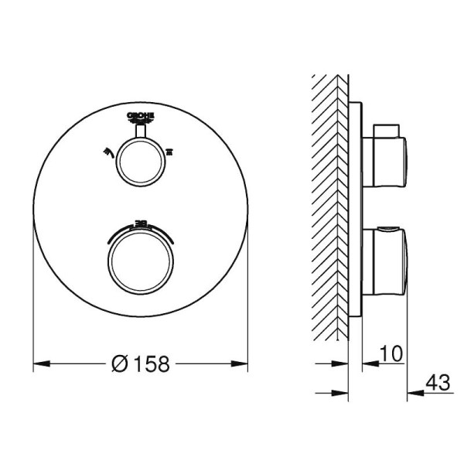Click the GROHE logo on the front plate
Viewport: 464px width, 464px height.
(140, 117)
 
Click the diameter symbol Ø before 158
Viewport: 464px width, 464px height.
(119, 363)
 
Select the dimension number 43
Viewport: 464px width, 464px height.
(438, 381)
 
